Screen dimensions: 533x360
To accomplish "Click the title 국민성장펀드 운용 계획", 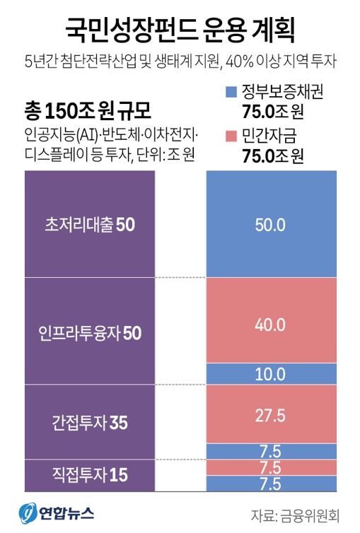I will pyautogui.click(x=180, y=30).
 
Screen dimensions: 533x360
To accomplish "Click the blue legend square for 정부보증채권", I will pyautogui.click(x=228, y=93).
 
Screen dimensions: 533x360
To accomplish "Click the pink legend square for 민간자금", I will pyautogui.click(x=228, y=136).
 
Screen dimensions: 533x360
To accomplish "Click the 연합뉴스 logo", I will pyautogui.click(x=57, y=512).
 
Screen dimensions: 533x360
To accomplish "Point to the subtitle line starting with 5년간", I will pyautogui.click(x=180, y=61).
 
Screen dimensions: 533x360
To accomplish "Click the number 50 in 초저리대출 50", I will pyautogui.click(x=124, y=224).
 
